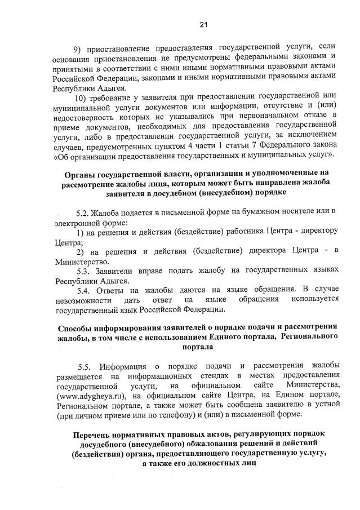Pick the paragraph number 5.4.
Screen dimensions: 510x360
coord(84,291)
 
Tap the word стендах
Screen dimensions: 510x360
coord(214,375)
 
